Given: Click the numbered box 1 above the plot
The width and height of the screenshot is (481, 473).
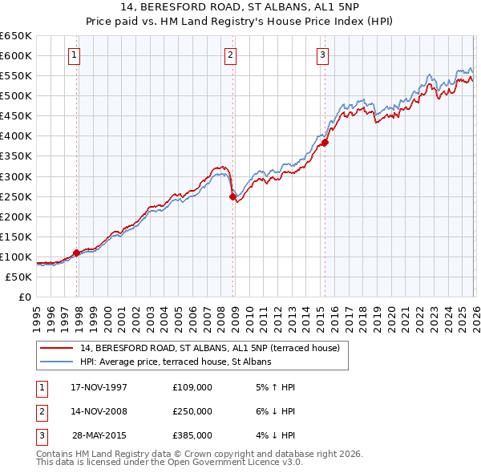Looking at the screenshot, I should tap(74, 55).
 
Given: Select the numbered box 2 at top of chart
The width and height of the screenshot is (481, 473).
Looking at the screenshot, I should tap(230, 55).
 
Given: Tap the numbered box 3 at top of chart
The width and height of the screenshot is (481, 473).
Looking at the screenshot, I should tap(322, 55).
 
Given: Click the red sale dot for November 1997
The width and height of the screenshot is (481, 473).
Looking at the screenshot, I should tap(77, 253).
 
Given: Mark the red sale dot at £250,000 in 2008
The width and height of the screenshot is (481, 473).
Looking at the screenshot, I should tap(232, 196).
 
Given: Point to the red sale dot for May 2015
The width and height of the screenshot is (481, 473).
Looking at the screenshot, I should tap(325, 143).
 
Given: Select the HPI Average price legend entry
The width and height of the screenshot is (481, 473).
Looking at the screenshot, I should tap(176, 362).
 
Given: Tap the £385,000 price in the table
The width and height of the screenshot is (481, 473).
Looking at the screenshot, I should tap(192, 435).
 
